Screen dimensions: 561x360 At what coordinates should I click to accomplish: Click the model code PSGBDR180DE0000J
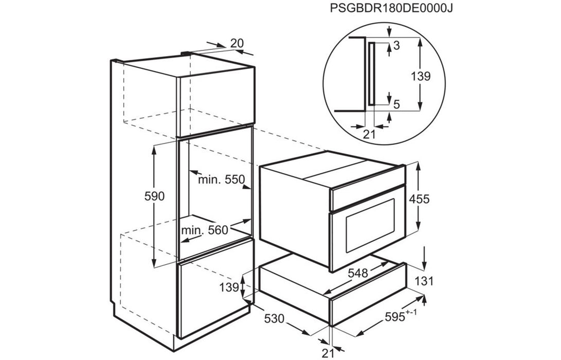(391, 8)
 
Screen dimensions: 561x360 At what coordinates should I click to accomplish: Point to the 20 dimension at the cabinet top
(237, 43)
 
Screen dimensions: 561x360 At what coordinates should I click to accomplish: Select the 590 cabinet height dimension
(155, 196)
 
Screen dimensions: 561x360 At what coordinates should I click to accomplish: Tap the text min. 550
(221, 179)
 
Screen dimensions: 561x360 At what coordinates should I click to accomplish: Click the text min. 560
(204, 230)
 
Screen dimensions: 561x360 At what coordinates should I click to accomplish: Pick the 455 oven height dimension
(419, 199)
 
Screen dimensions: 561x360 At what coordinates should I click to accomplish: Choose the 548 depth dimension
(358, 273)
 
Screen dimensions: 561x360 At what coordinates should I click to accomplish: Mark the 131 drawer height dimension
(424, 281)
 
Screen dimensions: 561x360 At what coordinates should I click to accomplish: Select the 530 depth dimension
(275, 318)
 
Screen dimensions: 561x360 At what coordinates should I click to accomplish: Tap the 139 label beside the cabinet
(229, 287)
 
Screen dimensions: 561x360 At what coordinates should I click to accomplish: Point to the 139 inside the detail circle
(421, 76)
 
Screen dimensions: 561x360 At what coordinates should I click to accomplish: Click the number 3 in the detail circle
(396, 45)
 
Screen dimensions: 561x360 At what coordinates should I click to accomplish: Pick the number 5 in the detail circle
(396, 104)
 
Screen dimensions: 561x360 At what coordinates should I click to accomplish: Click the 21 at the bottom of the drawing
(328, 353)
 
